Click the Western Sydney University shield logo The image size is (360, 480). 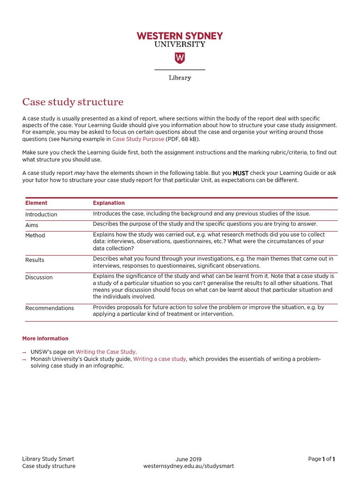point(180,58)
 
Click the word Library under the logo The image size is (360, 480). point(180,78)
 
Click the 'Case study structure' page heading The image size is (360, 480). point(73,102)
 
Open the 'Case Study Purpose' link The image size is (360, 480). point(138,139)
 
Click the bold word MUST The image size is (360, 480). point(240,173)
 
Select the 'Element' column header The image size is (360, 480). point(36,203)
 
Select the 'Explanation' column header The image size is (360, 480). point(109,203)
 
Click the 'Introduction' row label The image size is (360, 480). point(41,214)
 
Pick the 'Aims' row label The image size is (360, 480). point(32,225)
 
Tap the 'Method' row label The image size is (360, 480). point(35,235)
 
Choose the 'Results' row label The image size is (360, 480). point(35,260)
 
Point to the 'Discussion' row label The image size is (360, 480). point(39,277)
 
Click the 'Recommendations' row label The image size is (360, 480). point(50,308)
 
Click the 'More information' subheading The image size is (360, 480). point(45,338)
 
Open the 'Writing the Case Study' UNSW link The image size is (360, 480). point(105,351)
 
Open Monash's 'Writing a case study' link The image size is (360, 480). point(159,359)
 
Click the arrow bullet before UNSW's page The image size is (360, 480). point(24,352)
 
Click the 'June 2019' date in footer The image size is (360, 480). point(188,459)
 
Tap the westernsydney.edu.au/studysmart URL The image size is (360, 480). point(188,466)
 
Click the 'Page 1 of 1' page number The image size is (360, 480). point(322,459)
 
